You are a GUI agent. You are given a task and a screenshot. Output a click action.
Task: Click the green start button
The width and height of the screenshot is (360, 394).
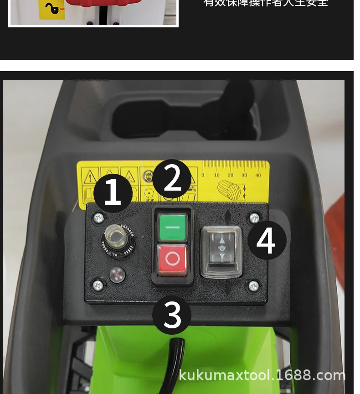172,227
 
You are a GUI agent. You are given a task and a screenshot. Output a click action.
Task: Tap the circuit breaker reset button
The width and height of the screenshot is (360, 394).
118,238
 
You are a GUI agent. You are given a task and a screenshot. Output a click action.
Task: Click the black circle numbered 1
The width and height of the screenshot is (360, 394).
113,193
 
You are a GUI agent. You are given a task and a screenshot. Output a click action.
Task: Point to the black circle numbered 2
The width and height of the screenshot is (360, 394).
172,179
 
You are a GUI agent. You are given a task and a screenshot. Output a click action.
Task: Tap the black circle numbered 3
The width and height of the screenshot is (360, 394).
172,315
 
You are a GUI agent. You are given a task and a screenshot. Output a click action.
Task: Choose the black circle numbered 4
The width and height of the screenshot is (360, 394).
267,240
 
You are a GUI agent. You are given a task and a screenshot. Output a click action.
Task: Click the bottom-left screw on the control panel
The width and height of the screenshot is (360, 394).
98,286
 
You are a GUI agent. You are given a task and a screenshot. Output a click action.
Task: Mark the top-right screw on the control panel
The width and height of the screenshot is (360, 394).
254,218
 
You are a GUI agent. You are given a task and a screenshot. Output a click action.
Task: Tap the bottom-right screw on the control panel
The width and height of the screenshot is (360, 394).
254,286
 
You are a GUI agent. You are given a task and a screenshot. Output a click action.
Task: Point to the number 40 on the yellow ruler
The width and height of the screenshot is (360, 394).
258,175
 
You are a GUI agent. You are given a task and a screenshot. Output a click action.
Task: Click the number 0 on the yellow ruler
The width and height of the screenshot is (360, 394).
203,175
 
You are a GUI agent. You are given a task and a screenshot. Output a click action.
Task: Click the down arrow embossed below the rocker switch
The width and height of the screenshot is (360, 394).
228,289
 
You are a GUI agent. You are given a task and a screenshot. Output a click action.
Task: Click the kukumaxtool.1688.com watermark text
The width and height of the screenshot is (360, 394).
262,375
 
